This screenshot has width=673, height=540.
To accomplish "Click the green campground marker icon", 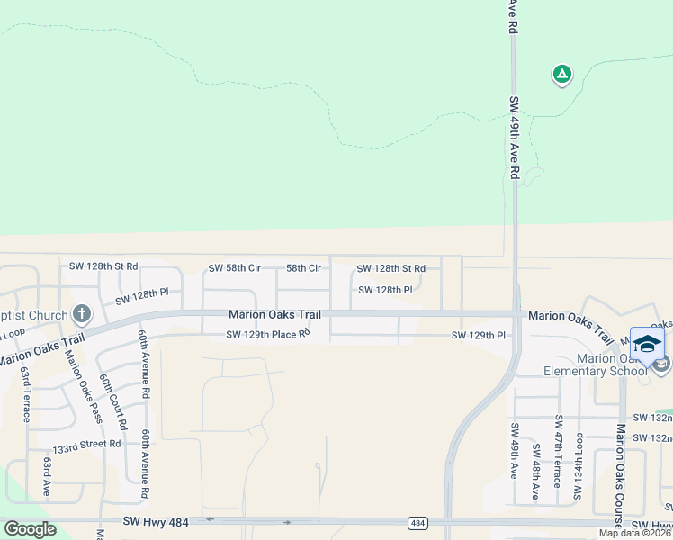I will [561, 75].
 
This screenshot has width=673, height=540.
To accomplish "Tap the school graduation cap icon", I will [647, 344].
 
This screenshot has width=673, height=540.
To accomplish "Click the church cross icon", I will [81, 314].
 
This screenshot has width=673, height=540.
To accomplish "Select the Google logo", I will [30, 529].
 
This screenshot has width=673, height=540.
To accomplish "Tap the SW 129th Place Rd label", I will [268, 335].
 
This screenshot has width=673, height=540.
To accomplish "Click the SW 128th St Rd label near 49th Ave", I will [390, 268].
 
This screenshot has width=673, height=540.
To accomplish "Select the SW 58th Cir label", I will [234, 268].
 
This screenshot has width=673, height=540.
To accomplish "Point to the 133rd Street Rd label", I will [85, 445].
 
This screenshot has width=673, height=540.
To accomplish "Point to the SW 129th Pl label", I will [479, 335].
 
